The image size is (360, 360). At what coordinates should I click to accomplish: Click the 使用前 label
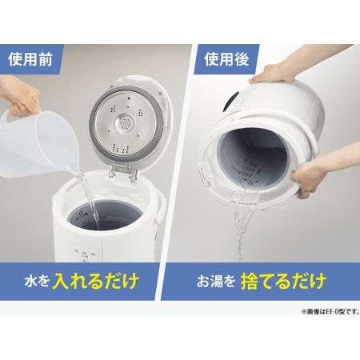tap(31, 59)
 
